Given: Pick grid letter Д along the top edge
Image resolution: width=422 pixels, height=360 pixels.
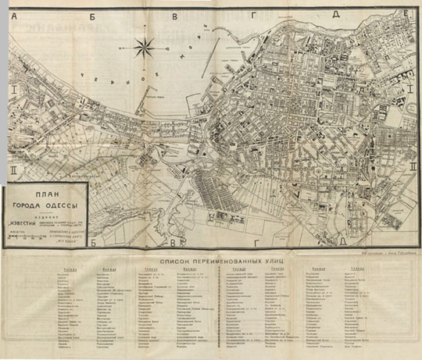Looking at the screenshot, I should (x=334, y=13).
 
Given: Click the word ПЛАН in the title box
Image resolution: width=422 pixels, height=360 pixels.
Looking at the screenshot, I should (x=45, y=198).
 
